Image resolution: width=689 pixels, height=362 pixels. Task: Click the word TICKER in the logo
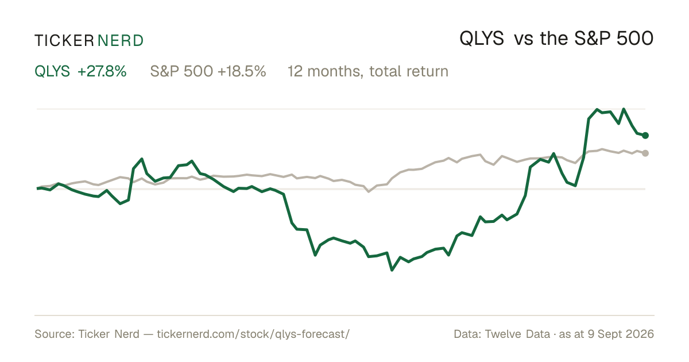coord(64,41)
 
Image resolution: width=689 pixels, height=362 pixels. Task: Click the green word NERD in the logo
coord(121,41)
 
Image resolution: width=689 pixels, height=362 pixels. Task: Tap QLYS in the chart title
coord(482,39)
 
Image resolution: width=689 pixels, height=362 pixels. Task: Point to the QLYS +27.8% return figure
coord(80,71)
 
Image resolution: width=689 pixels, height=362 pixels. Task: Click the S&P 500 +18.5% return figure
coord(208,71)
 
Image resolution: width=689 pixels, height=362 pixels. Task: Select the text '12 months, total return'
coord(368,72)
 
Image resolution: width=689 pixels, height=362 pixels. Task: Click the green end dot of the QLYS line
coord(645,136)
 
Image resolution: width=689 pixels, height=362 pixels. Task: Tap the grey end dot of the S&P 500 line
coord(645,153)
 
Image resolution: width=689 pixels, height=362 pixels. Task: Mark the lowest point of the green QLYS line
coord(392,270)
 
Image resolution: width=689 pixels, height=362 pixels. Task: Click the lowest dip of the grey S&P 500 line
coord(369,191)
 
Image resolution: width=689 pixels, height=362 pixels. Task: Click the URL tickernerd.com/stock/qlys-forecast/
coord(253,334)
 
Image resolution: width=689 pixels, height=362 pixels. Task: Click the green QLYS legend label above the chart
coord(52,71)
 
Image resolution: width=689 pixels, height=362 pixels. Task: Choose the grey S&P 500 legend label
coord(181,71)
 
